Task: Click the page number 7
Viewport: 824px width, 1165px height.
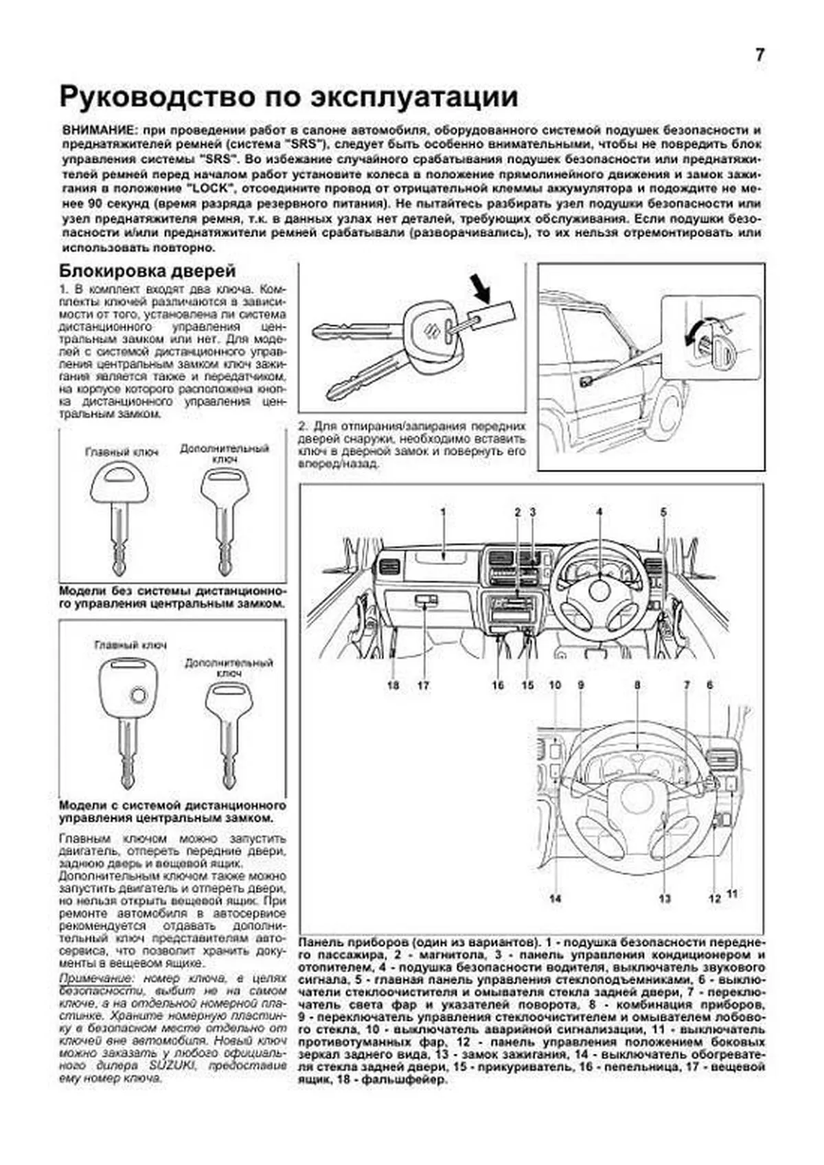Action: point(759,56)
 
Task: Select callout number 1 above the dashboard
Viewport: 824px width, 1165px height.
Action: point(444,511)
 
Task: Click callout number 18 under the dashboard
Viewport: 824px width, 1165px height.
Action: point(393,685)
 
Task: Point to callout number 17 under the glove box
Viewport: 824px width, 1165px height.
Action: point(423,685)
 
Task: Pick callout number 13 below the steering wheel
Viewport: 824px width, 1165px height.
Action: point(665,898)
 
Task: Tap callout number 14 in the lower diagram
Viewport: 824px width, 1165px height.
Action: point(555,898)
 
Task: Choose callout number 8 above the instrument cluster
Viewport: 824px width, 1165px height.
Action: point(637,685)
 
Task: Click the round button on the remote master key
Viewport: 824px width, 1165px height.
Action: point(139,695)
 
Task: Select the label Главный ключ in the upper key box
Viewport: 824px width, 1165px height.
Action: point(122,452)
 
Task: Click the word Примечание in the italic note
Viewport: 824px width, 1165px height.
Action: point(93,978)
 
